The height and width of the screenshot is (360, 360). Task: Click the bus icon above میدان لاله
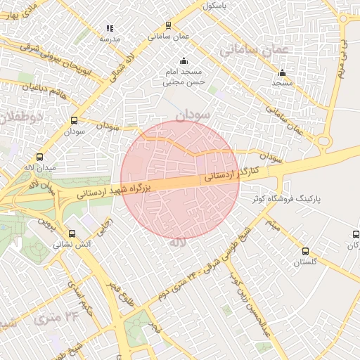(39, 157)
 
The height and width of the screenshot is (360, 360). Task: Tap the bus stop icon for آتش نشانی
(72, 233)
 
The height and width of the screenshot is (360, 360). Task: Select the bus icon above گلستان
(305, 251)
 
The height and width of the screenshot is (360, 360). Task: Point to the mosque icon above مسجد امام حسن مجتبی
(184, 61)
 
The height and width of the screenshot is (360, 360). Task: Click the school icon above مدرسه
(110, 28)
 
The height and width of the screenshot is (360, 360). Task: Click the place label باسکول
(217, 5)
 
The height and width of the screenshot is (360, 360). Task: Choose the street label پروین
(46, 226)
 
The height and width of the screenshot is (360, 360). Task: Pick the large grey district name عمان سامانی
(255, 50)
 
